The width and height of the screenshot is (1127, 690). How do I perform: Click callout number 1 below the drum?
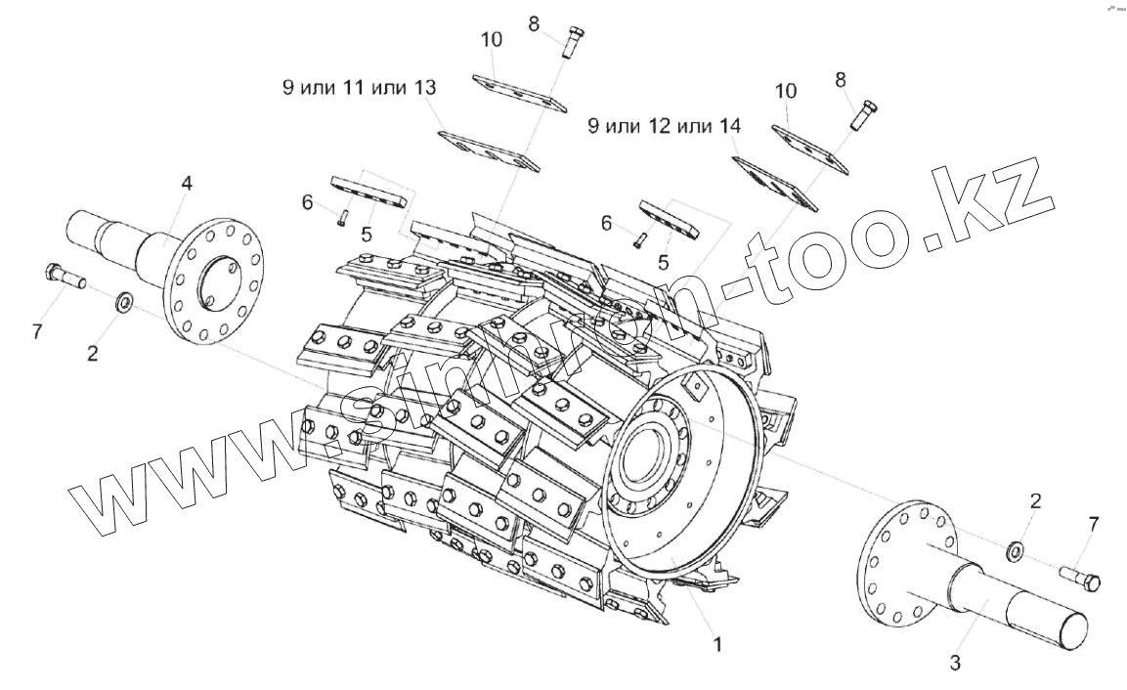[x=717, y=645]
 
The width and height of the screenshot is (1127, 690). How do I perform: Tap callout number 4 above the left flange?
[x=187, y=183]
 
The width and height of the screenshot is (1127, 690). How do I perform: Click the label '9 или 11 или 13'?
[x=357, y=88]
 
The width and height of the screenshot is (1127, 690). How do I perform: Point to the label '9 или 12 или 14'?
[x=664, y=126]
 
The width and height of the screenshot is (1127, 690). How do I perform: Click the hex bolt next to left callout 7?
[x=64, y=278]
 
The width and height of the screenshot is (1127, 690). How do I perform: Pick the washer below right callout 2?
[x=1015, y=552]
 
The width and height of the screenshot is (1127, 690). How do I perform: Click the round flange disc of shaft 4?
[x=208, y=281]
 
